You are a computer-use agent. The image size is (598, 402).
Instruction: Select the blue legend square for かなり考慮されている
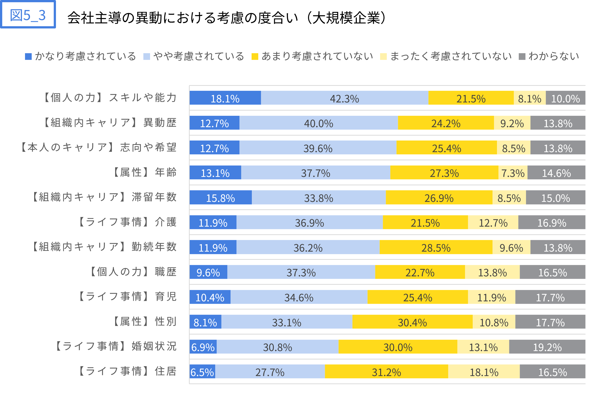[x=28, y=56]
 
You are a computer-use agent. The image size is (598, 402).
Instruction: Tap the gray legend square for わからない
[x=522, y=56]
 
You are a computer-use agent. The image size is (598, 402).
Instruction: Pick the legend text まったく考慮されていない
[x=451, y=56]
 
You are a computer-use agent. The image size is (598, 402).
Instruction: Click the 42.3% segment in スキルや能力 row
[x=344, y=98]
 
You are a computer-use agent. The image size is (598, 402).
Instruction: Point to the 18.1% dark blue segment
[x=225, y=98]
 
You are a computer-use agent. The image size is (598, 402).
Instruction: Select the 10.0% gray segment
[x=565, y=98]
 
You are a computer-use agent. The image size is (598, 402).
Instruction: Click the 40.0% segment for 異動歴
[x=318, y=123]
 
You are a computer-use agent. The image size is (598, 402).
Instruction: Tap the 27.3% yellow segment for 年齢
[x=444, y=172]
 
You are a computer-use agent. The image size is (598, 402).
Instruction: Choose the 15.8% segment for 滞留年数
[x=220, y=197]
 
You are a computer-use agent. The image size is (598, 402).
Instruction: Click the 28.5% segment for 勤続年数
[x=436, y=247]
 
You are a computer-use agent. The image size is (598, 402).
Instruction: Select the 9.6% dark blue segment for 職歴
[x=208, y=272]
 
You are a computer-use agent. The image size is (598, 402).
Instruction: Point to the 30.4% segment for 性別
[x=412, y=322]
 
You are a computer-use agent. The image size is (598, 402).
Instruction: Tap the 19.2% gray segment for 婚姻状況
[x=547, y=347]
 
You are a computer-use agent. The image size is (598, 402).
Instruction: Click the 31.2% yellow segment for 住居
[x=386, y=372]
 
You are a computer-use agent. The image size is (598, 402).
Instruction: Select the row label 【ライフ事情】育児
[x=127, y=297]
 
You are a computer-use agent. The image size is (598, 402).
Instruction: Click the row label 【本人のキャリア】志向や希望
[x=99, y=147]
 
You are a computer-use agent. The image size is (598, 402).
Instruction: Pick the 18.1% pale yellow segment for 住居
[x=484, y=372]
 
